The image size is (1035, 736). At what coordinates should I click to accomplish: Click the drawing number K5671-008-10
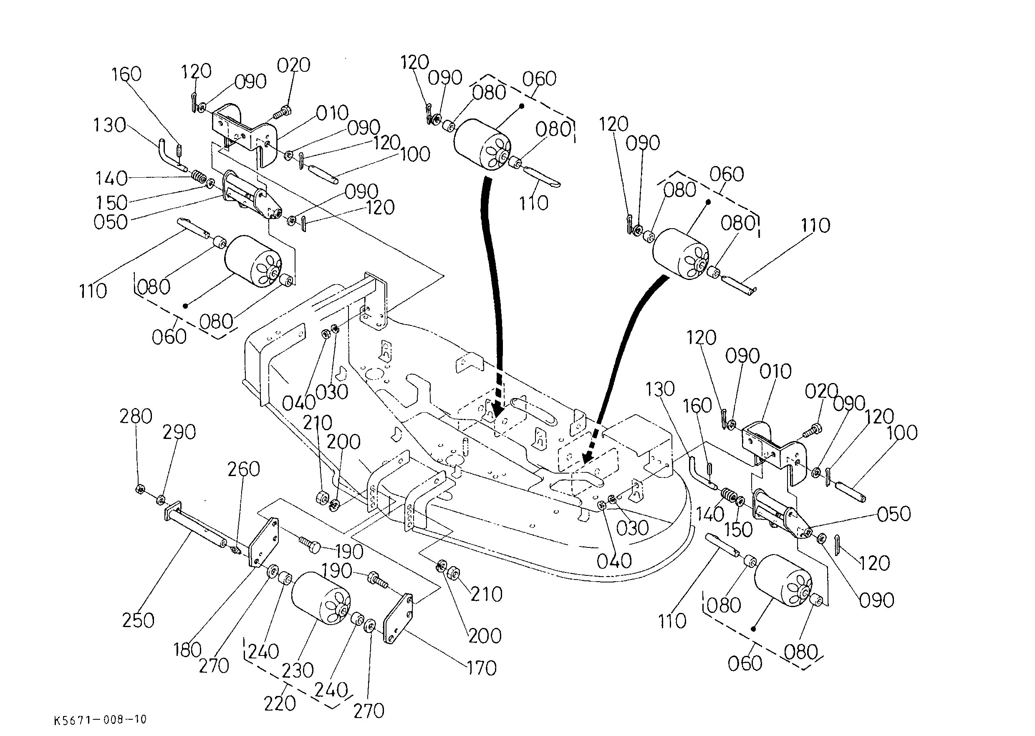100,720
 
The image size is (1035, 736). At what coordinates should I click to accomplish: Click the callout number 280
136,416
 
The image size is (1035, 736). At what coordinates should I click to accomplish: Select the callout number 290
179,432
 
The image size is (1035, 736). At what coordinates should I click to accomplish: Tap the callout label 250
138,620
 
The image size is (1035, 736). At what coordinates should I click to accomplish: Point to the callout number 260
243,469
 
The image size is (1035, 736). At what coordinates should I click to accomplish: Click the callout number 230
298,670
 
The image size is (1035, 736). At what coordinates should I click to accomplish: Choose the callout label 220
280,703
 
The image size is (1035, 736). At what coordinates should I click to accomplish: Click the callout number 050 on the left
111,222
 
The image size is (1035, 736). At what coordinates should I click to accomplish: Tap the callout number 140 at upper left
111,179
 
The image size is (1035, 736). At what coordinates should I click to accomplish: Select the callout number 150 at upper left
111,202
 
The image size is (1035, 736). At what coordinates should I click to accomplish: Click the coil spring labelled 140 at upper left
198,175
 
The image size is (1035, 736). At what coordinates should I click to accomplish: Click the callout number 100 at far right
902,433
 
